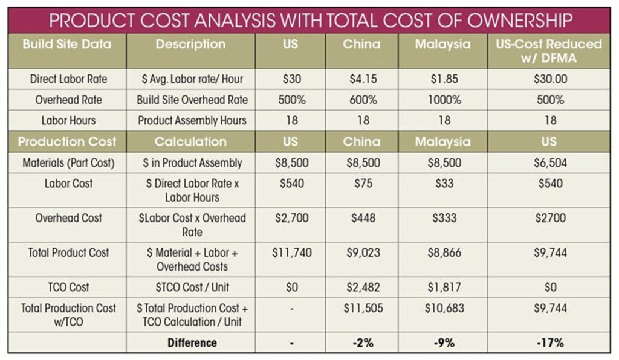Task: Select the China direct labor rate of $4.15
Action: [x=363, y=79]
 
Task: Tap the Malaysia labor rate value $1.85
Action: [x=444, y=79]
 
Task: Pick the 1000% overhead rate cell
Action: [x=444, y=100]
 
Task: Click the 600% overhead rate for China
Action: [x=363, y=100]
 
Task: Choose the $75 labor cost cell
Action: [x=363, y=184]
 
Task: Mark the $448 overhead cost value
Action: [x=363, y=218]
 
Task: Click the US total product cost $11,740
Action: [x=292, y=253]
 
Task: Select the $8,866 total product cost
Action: [x=444, y=253]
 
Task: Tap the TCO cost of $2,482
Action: [x=363, y=288]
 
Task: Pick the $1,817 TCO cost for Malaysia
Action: [x=444, y=288]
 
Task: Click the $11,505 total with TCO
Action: [x=363, y=309]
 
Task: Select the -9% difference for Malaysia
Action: [x=444, y=342]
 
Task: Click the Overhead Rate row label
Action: [x=66, y=100]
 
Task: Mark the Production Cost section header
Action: [x=66, y=142]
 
